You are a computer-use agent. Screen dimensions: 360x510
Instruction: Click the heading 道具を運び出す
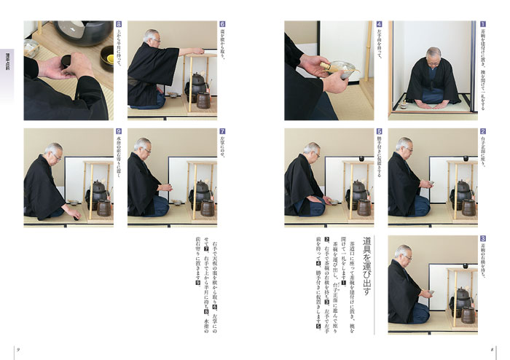pos(367,269)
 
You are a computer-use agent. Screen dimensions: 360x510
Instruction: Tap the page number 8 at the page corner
pos(492,351)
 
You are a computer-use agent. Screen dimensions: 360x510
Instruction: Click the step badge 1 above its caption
pos(482,24)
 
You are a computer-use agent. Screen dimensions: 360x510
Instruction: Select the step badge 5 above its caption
pos(379,133)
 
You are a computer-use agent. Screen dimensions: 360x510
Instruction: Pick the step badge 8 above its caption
pos(119,24)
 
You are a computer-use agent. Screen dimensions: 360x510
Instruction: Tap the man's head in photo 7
pos(143,146)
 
